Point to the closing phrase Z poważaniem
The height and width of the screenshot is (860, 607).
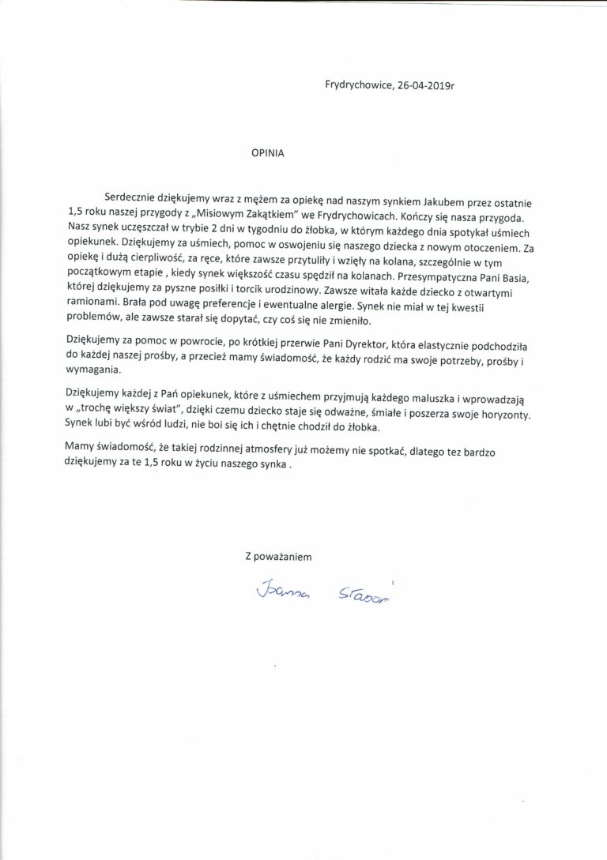[x=279, y=556]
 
